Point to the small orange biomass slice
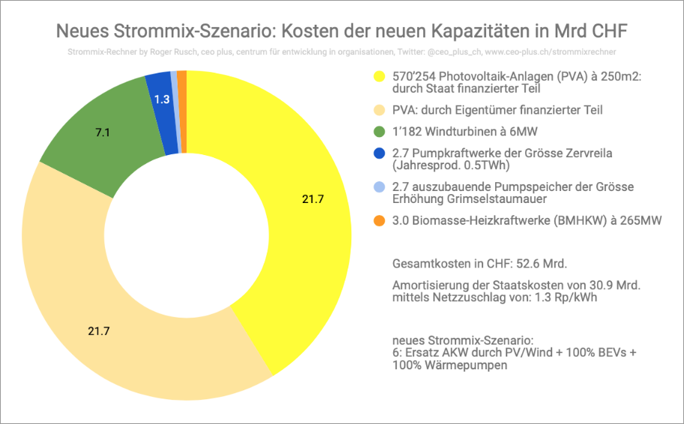(182, 79)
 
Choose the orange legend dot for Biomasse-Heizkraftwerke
(379, 221)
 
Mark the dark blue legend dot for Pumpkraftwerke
(379, 153)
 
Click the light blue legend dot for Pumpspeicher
(379, 187)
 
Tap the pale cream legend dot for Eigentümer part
(379, 110)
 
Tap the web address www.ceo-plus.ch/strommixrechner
(551, 52)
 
